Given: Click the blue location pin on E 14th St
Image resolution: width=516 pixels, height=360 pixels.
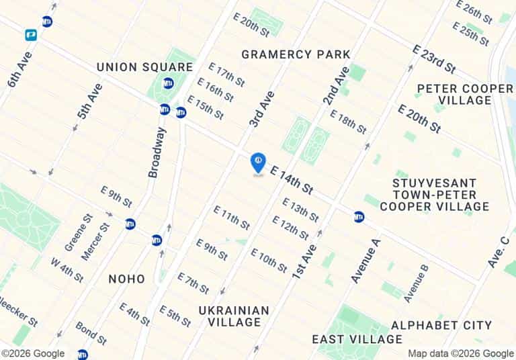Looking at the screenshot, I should pyautogui.click(x=258, y=162).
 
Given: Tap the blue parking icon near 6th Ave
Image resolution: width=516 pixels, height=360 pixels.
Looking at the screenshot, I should pyautogui.click(x=31, y=34).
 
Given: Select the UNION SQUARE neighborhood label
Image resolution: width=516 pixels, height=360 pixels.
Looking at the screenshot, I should pyautogui.click(x=144, y=67).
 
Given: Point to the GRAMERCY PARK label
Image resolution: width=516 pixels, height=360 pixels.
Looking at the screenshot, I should pyautogui.click(x=296, y=54).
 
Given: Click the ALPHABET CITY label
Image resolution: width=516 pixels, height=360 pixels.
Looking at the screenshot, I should pyautogui.click(x=441, y=325).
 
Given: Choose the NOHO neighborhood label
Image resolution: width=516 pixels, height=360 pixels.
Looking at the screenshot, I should pyautogui.click(x=126, y=278).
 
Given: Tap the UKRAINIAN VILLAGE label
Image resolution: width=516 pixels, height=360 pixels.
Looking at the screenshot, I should pyautogui.click(x=234, y=316).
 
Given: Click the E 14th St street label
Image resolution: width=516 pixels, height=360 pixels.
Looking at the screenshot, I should pyautogui.click(x=292, y=181).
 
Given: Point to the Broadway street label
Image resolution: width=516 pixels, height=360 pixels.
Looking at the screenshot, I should pyautogui.click(x=156, y=152).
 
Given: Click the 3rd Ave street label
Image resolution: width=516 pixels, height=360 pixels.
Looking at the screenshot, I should pyautogui.click(x=262, y=109).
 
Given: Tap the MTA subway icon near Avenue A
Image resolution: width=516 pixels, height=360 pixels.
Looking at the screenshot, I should pyautogui.click(x=359, y=216).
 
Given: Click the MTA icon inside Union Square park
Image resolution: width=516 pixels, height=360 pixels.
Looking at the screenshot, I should pyautogui.click(x=168, y=83).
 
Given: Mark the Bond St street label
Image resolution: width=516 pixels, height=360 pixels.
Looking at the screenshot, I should pyautogui.click(x=91, y=333).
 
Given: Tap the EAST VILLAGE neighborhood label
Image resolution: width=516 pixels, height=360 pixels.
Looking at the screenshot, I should pyautogui.click(x=357, y=339).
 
